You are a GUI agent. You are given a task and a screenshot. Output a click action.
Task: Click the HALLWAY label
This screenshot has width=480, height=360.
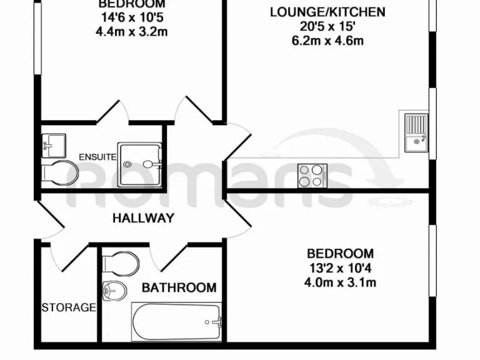(x=142, y=218)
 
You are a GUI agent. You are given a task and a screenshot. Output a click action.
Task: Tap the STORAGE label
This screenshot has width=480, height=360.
(x=69, y=307)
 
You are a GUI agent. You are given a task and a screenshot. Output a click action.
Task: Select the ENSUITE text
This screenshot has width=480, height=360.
(x=97, y=157)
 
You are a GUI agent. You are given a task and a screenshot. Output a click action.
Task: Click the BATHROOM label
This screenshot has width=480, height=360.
(x=179, y=287)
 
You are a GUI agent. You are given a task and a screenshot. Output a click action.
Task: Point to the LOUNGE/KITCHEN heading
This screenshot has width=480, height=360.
(x=327, y=12)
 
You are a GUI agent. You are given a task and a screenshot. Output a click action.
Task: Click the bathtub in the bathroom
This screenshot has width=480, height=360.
(x=176, y=322)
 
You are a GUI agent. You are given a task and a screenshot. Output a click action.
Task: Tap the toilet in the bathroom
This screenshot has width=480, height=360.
(x=122, y=262)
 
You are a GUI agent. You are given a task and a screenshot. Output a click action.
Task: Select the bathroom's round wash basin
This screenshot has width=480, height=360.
(x=114, y=289)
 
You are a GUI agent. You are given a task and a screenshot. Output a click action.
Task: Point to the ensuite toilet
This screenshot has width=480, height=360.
(x=59, y=173)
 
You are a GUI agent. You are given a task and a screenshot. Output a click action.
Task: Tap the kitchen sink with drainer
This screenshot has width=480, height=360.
(x=415, y=132)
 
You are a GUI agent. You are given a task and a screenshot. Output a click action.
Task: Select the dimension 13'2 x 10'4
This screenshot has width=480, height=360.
(x=340, y=268)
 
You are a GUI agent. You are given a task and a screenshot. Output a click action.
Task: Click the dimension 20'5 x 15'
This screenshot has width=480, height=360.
(x=327, y=26)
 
